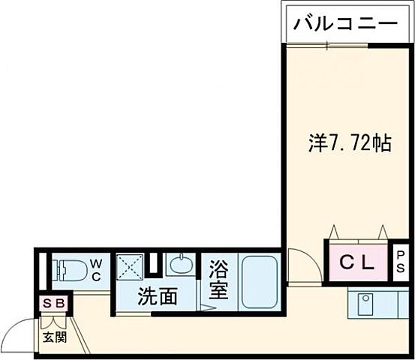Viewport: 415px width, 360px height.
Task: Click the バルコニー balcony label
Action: [x=344, y=24]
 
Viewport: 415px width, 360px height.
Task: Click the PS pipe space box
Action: [x=401, y=261]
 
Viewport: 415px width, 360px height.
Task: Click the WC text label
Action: [x=98, y=268]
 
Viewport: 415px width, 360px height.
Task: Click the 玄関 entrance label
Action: [x=54, y=337]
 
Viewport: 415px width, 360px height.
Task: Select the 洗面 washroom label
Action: [x=157, y=296]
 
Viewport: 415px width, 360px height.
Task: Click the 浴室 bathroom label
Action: [x=218, y=279]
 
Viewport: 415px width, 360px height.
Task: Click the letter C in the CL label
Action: [x=347, y=262]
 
